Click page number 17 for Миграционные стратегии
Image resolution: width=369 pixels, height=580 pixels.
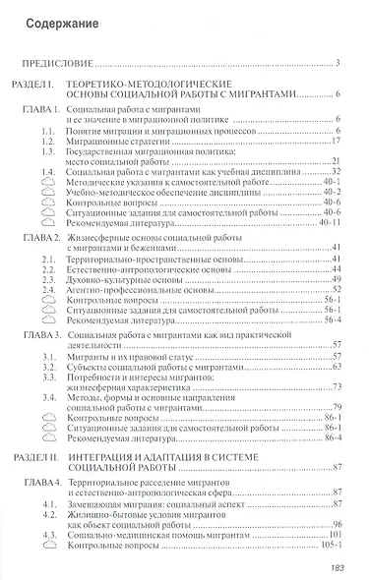336,141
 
